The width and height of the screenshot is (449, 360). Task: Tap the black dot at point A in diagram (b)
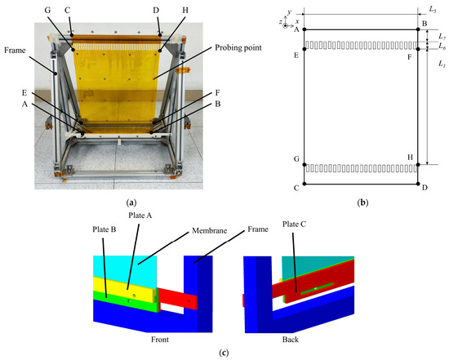tap(305, 30)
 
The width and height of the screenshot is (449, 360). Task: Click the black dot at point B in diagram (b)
tap(418, 30)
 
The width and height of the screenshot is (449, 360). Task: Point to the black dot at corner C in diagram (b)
tap(305, 185)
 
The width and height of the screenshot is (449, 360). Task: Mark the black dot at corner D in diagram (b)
tap(418, 185)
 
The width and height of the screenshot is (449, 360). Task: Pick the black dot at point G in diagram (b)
tap(305, 165)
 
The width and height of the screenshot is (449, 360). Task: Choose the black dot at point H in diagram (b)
tap(418, 165)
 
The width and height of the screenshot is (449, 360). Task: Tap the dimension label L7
tap(441, 38)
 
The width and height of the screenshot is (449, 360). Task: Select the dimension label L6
tap(441, 49)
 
